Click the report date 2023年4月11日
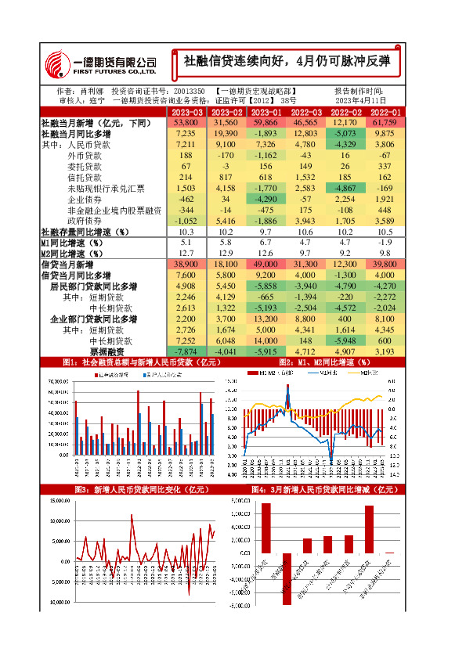tap(361, 101)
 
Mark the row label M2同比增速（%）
tap(72, 254)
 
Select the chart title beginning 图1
tap(130, 362)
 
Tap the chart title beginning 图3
tap(130, 489)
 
